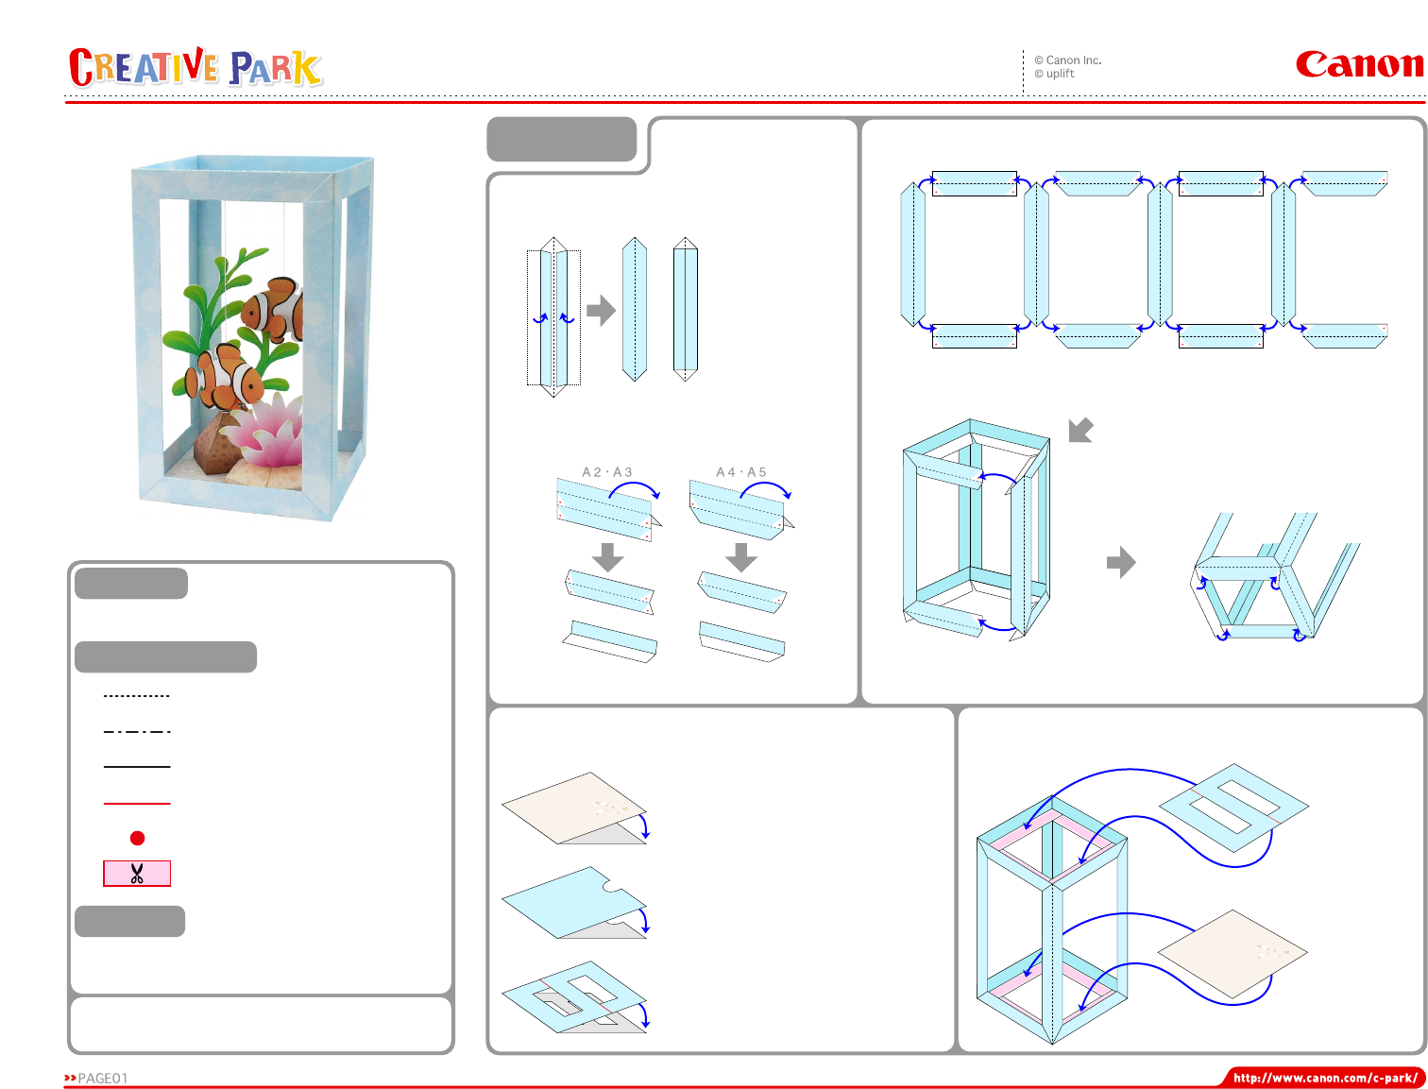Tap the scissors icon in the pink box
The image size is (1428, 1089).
[x=137, y=873]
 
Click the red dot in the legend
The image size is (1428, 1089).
[x=137, y=838]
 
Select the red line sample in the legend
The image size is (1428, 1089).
[x=137, y=804]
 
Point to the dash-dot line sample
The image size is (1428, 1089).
[x=137, y=731]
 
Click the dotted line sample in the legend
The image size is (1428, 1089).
[x=137, y=695]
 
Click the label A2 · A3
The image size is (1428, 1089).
[x=606, y=471]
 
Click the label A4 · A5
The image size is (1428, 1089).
[x=741, y=471]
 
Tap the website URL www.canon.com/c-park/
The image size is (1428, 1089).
[x=1324, y=1078]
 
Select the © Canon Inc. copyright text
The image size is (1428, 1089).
[x=1067, y=60]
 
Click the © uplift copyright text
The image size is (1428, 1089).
[x=1054, y=74]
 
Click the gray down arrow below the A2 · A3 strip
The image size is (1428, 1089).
[x=607, y=557]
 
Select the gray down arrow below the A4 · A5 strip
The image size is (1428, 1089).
[x=741, y=557]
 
